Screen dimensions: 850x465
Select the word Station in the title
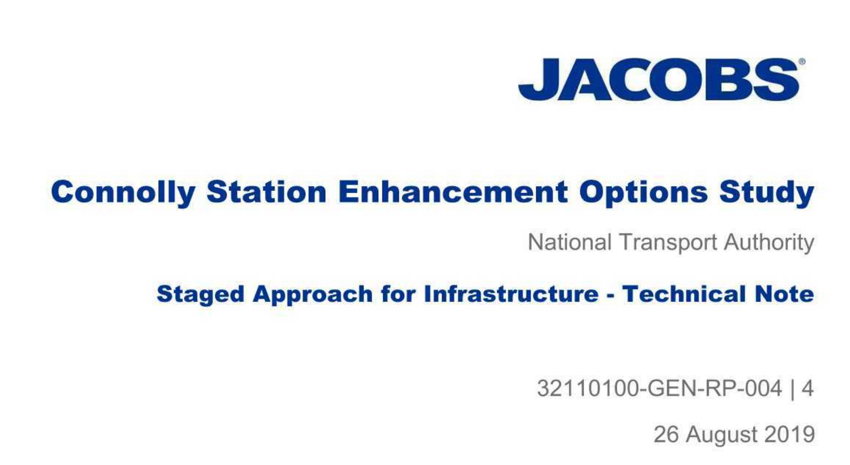coord(266,192)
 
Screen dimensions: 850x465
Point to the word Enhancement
coord(453,192)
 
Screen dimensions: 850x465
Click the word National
coord(569,242)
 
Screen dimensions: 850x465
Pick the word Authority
coord(769,243)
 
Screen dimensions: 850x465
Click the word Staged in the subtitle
coord(200,295)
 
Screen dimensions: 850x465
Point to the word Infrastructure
coord(511,294)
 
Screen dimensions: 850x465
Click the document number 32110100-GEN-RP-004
coord(660,388)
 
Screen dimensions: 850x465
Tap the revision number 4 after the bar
coord(808,388)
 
